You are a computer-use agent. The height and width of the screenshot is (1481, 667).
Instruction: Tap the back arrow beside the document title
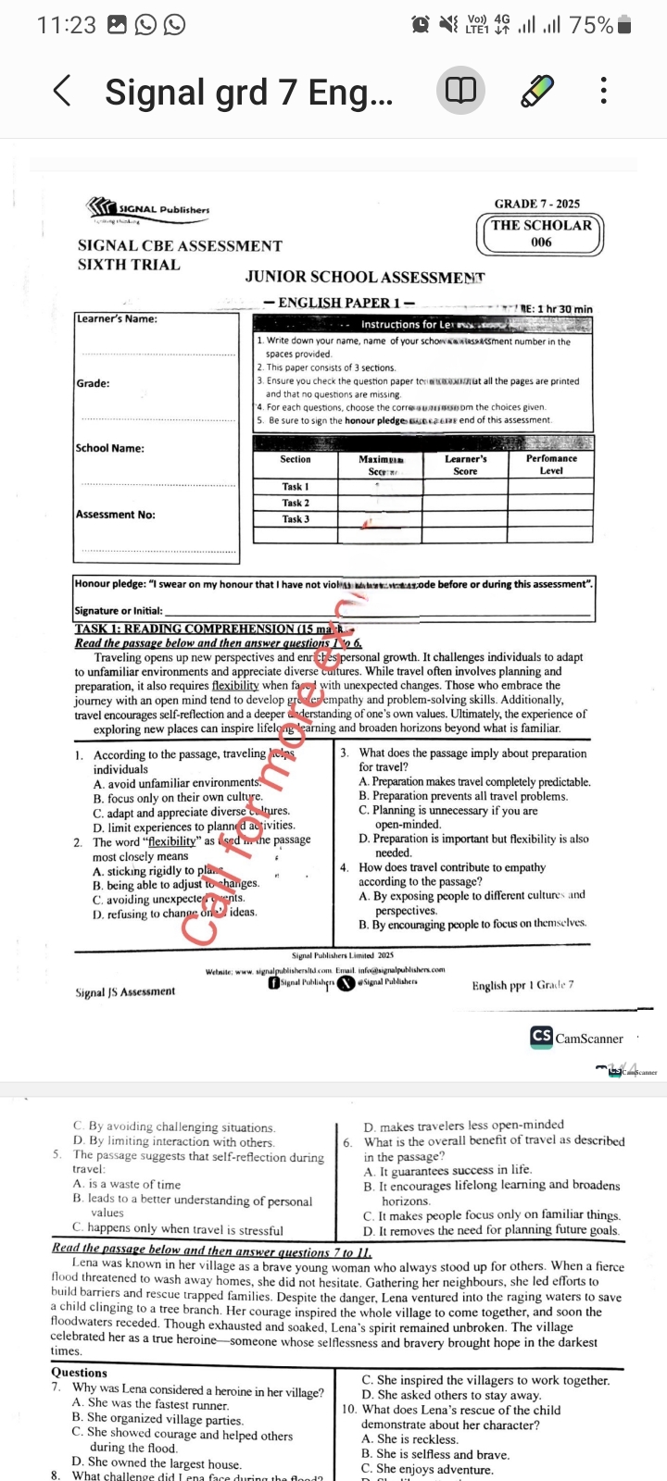tap(62, 91)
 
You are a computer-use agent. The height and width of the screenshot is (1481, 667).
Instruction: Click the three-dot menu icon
tap(603, 91)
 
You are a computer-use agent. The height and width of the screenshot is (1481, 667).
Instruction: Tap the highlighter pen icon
tap(537, 91)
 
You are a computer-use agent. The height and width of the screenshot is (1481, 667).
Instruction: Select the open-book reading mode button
tap(460, 91)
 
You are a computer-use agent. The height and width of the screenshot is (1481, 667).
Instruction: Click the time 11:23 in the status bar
tap(66, 25)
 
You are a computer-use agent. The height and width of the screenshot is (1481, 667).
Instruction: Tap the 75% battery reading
tap(591, 25)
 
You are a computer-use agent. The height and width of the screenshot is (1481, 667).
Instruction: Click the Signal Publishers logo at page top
tap(148, 210)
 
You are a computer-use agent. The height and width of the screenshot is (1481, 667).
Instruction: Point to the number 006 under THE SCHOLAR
tap(541, 243)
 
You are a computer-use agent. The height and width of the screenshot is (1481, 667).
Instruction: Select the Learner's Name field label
tap(117, 319)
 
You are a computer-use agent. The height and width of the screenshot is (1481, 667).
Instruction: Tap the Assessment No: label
tap(116, 515)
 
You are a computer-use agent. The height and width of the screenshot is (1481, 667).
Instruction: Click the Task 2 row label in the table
tap(296, 503)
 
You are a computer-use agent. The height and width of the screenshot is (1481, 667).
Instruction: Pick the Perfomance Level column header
tap(551, 464)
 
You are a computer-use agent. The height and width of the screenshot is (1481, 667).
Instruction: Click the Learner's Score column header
tap(465, 464)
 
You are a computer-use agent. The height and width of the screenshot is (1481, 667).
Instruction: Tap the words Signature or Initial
tap(119, 611)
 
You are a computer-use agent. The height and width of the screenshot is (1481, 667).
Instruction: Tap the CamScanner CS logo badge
tap(541, 1037)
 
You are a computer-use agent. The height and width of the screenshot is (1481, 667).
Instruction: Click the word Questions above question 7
tap(79, 1373)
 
